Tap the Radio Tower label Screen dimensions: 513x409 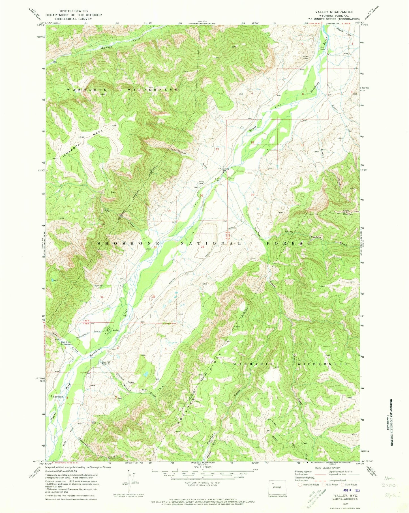click(x=305, y=57)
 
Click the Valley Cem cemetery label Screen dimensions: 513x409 click(x=202, y=183)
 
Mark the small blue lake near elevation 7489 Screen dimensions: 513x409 click(x=145, y=374)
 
